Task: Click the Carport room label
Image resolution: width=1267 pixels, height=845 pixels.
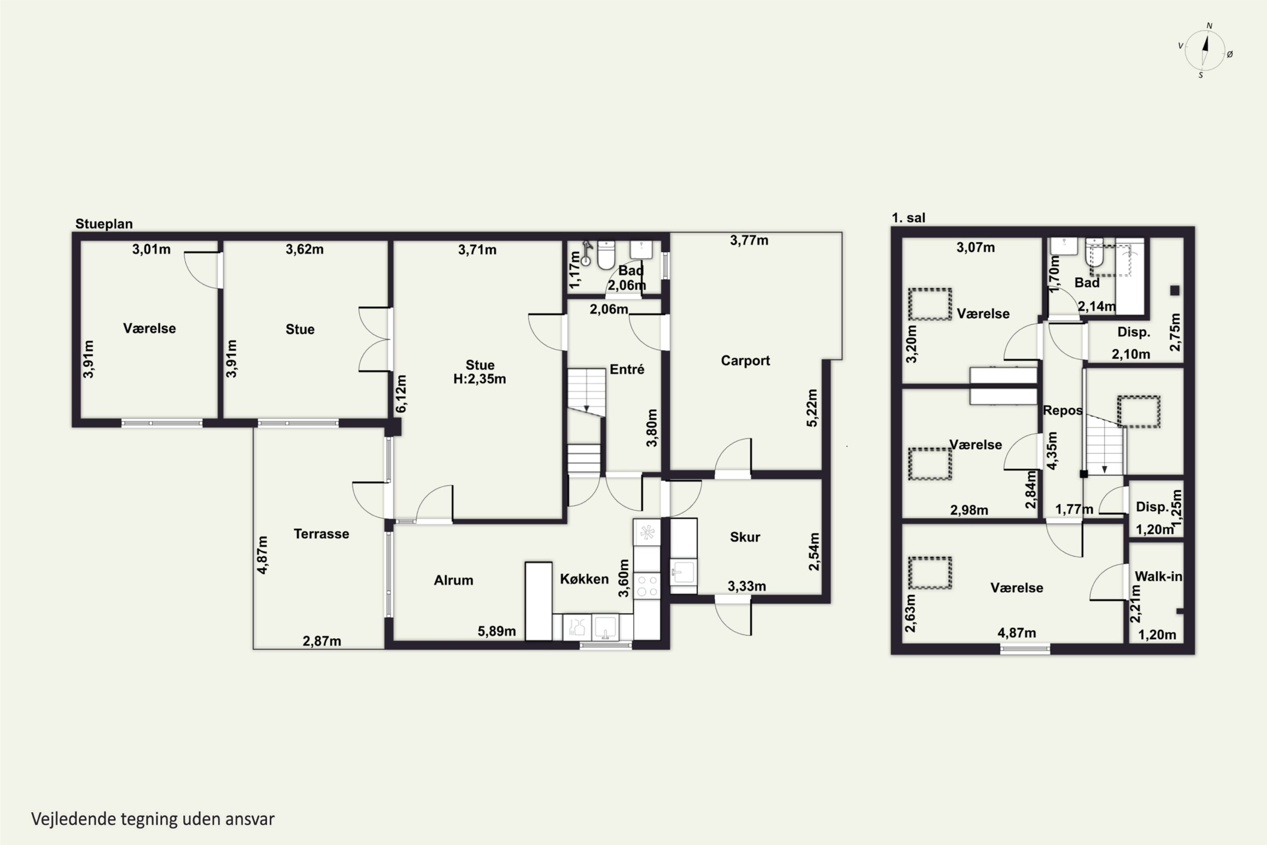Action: point(745,360)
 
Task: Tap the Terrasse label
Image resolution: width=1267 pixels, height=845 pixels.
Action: point(321,534)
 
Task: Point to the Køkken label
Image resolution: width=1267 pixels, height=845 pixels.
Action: point(584,579)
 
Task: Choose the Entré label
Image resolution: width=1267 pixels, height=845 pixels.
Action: point(627,369)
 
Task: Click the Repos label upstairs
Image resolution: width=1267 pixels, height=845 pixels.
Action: point(1062,411)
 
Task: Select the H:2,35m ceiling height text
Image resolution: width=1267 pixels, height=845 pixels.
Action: point(479,379)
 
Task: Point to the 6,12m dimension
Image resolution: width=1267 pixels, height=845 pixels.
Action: point(401,394)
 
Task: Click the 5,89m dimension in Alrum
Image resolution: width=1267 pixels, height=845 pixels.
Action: point(497,631)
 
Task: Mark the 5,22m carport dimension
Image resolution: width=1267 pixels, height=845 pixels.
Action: point(812,408)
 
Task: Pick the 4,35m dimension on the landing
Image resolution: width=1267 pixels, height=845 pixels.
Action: point(1052,450)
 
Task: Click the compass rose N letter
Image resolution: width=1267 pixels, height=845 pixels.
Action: point(1210,26)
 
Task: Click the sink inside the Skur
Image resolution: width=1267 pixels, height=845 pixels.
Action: point(683,572)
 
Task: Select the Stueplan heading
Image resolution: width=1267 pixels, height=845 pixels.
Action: point(104,224)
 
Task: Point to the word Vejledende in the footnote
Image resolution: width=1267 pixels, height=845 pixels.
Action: point(74,819)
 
